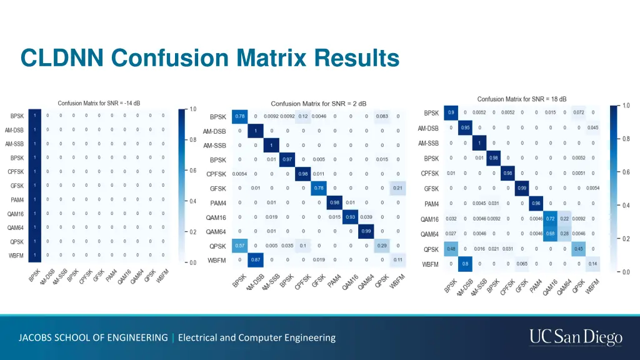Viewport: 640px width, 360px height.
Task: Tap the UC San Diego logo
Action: tap(576, 337)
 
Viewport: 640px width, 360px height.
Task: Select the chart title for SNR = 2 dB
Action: tap(318, 103)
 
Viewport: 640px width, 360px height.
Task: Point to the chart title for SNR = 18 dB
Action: tap(522, 99)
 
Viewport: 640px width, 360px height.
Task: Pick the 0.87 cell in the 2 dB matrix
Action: tap(255, 260)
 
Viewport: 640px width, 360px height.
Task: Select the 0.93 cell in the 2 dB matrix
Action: tap(350, 217)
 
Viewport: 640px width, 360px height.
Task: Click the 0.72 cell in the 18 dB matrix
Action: tap(550, 219)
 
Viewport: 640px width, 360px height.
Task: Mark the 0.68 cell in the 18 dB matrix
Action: tap(550, 234)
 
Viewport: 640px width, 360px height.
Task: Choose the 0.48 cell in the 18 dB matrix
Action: tap(451, 249)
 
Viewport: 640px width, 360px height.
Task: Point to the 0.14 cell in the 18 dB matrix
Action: tap(592, 264)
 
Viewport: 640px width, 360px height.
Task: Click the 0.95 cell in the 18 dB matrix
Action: tap(465, 128)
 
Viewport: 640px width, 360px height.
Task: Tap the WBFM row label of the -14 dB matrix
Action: tap(16, 255)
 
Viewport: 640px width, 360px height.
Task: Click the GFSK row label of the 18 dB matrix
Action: tap(431, 189)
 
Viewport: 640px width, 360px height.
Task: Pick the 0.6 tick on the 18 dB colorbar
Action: tap(626, 172)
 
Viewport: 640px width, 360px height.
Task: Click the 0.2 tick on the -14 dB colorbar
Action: tap(193, 232)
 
